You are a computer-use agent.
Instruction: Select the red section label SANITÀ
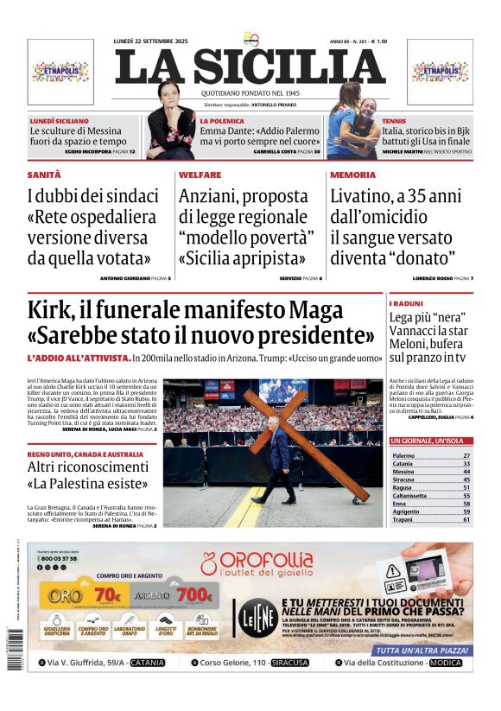coord(44,175)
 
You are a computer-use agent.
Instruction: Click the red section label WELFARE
coord(200,175)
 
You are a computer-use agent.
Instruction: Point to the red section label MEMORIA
coord(352,175)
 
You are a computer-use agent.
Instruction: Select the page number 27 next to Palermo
coord(466,455)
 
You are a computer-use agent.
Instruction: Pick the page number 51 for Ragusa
coord(466,487)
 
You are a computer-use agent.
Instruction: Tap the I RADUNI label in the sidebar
coord(406,304)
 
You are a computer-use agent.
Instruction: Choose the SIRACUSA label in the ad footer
coord(289,663)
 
